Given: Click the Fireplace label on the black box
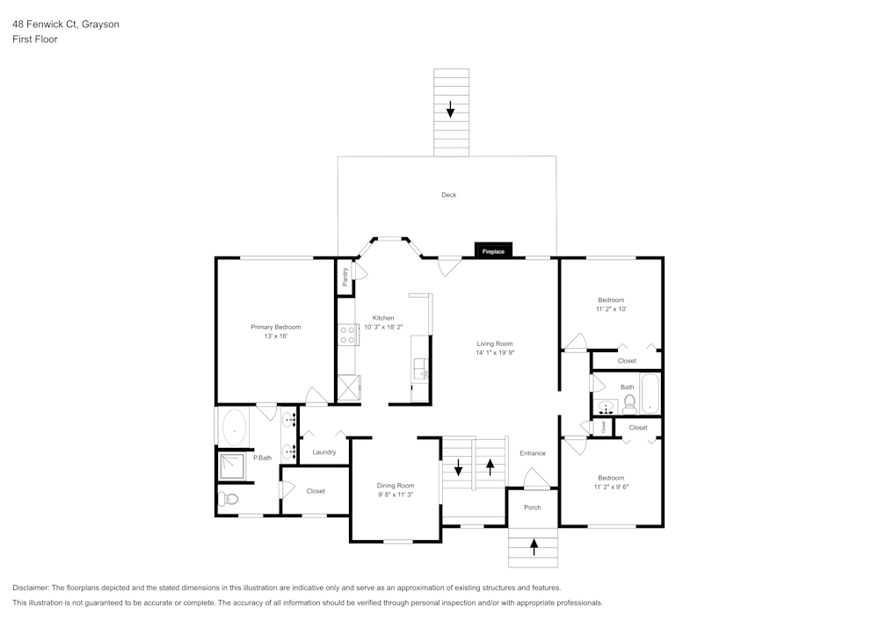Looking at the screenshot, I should click(x=493, y=252).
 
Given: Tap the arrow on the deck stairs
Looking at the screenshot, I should click(x=450, y=110).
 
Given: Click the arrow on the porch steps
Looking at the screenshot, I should click(x=534, y=548).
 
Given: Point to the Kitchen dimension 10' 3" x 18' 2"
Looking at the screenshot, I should click(x=383, y=327).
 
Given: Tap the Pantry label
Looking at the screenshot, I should click(x=345, y=277).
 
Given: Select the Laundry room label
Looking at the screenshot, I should click(x=324, y=452).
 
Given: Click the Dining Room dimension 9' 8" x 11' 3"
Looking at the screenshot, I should click(x=395, y=495).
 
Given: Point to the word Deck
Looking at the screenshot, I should click(x=448, y=195).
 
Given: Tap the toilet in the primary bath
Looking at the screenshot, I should click(x=228, y=500).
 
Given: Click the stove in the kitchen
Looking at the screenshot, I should click(x=347, y=334).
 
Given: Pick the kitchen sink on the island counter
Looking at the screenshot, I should click(x=421, y=369).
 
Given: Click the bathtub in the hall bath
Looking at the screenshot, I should click(x=650, y=394).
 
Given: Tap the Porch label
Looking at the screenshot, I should click(x=533, y=508).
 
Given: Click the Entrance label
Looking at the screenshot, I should click(x=533, y=453).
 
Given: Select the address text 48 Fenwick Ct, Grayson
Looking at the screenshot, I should click(x=66, y=25).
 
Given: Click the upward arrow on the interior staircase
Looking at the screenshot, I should click(x=490, y=466).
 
